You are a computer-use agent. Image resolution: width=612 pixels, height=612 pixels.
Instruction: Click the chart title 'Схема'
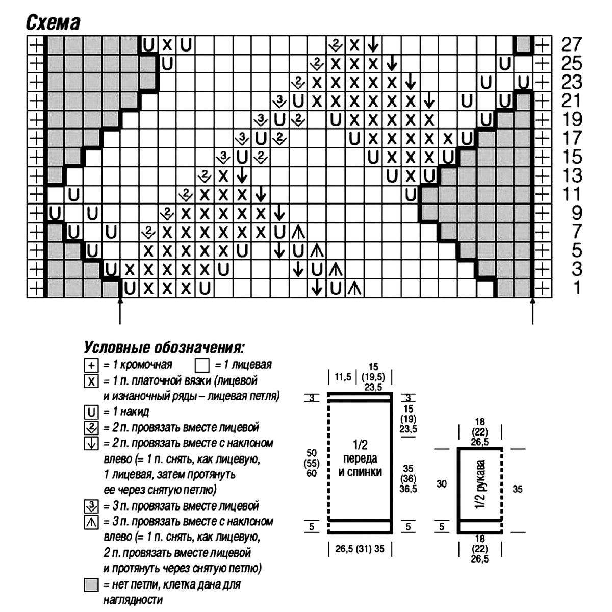(53, 23)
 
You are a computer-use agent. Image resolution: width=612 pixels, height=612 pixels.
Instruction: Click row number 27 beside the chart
(571, 45)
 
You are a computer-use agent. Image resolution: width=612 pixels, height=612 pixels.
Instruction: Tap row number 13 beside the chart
(571, 176)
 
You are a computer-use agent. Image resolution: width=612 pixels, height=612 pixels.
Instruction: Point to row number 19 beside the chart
(571, 120)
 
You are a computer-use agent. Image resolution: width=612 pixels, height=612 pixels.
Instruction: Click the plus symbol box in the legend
(91, 366)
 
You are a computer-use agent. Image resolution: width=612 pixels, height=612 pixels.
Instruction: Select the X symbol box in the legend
(91, 381)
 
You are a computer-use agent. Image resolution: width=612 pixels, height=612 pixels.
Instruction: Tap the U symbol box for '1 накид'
(91, 412)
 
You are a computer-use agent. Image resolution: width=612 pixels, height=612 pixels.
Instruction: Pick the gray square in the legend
(91, 585)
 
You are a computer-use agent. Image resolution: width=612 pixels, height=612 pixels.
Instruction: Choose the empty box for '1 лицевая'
(202, 366)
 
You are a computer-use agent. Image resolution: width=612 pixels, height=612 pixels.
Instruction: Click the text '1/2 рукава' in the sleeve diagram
(480, 484)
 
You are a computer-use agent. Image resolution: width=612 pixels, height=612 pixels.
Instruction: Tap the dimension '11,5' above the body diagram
(342, 377)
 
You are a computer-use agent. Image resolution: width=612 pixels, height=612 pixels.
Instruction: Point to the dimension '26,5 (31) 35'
(360, 549)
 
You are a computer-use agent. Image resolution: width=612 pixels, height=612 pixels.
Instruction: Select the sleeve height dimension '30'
(442, 483)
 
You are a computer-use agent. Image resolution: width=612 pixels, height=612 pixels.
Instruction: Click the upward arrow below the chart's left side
(120, 312)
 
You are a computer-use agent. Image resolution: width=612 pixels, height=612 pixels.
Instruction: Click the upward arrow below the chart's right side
(533, 312)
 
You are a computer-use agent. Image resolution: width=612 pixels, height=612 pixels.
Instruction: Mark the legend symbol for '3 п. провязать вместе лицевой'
(91, 506)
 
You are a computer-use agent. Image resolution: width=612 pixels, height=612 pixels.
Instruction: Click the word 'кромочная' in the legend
(147, 365)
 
